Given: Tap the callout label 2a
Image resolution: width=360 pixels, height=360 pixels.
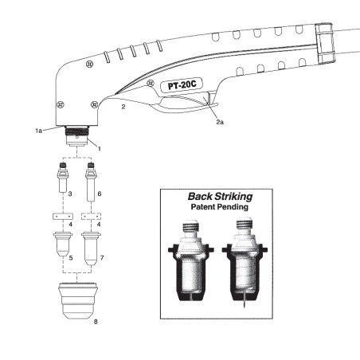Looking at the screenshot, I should tap(219, 123).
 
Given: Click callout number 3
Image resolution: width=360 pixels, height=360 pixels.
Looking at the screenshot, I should tap(70, 194).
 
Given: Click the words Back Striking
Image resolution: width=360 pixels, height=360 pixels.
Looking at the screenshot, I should tap(219, 196).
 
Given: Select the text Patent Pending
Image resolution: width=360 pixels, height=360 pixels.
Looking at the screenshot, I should tap(219, 206).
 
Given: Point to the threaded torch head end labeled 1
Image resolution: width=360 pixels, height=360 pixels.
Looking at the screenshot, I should tap(77, 135).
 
